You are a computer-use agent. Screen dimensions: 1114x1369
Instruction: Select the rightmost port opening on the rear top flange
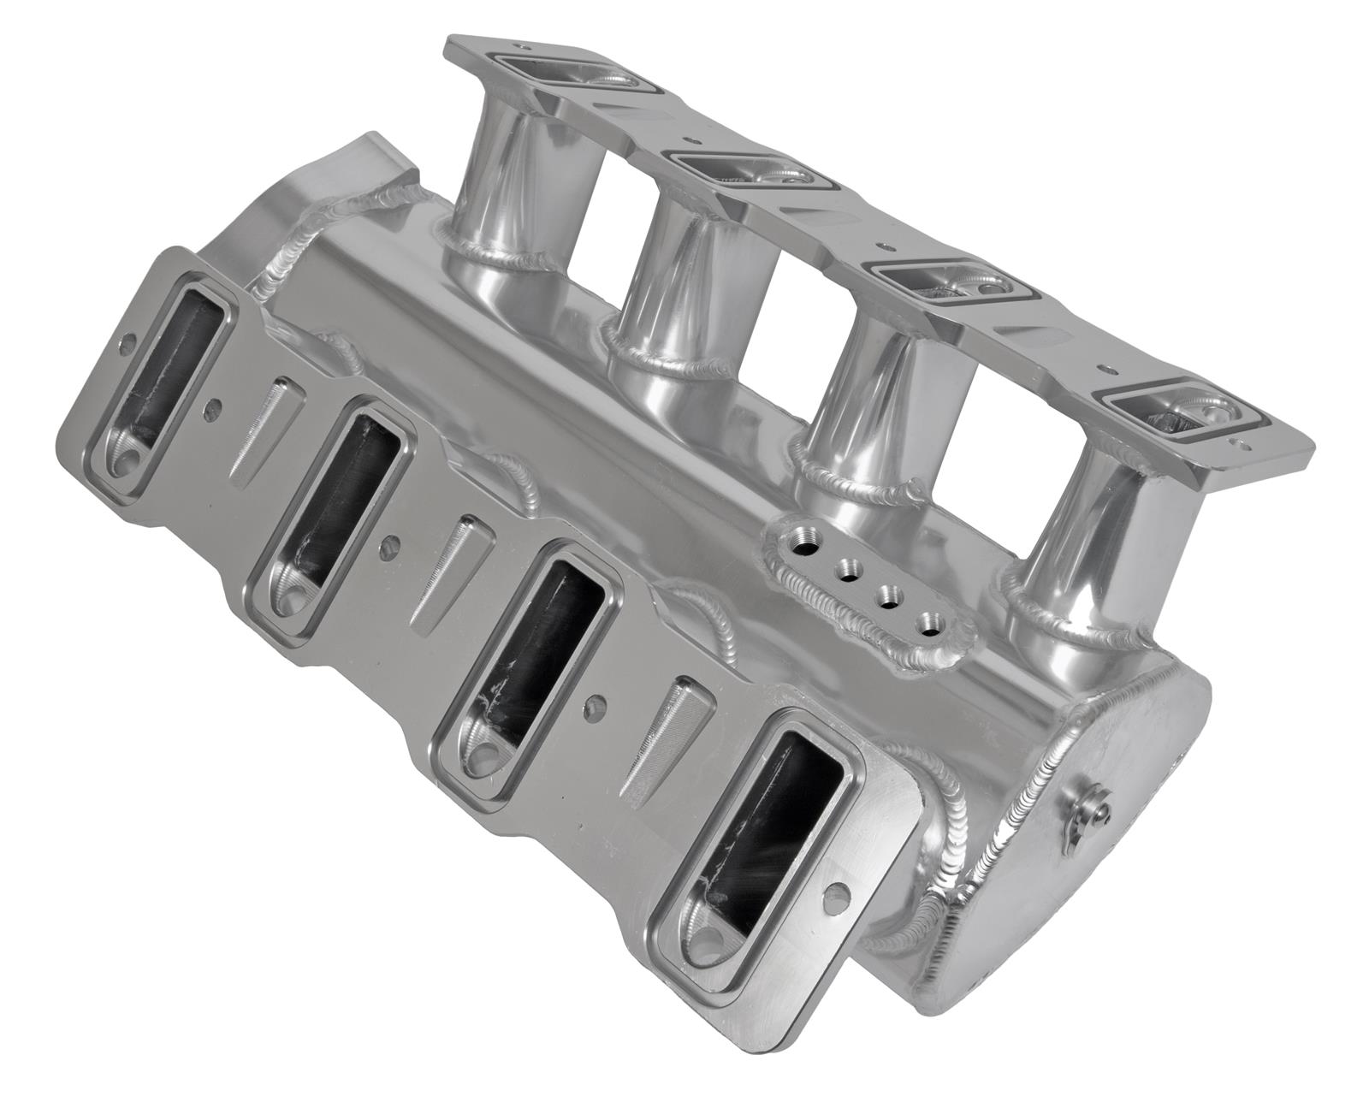coord(1181,415)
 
